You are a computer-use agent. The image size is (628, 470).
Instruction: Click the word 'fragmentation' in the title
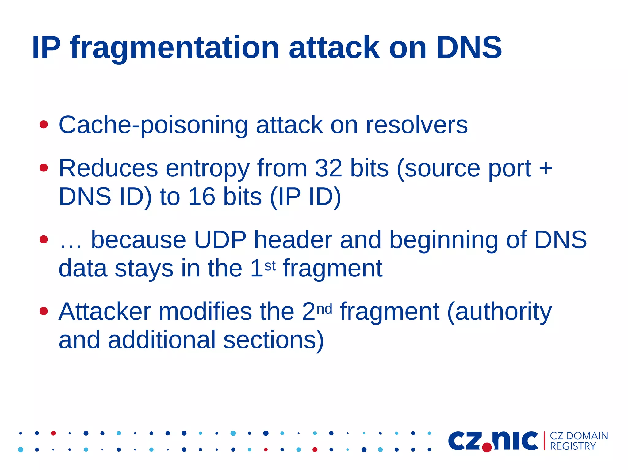click(174, 48)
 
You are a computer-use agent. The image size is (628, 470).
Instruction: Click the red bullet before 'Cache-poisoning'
click(44, 125)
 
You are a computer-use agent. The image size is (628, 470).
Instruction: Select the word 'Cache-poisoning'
click(153, 125)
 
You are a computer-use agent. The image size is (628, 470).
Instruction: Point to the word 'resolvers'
click(417, 125)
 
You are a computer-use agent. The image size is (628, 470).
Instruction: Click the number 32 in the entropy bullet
click(328, 168)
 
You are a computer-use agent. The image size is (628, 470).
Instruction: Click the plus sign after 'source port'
click(546, 168)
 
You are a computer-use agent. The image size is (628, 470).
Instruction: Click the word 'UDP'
click(220, 239)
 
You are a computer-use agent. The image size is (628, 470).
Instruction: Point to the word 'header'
click(293, 239)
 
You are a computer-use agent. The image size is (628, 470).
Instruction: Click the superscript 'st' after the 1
click(270, 266)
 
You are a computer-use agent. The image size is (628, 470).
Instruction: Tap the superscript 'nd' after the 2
click(324, 309)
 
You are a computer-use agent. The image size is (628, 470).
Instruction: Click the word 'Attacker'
click(105, 312)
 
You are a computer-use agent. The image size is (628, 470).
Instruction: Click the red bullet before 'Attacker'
click(44, 311)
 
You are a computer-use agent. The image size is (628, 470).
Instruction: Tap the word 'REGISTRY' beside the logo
click(573, 446)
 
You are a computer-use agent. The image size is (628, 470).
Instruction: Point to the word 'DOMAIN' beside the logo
click(587, 436)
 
